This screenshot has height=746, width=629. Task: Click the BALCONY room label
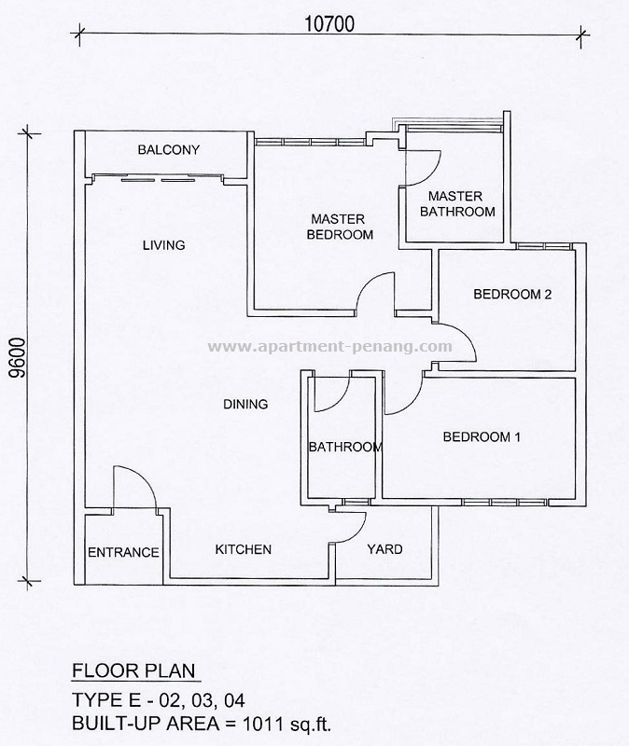point(169,150)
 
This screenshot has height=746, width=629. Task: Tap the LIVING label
point(164,245)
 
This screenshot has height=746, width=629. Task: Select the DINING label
point(245,404)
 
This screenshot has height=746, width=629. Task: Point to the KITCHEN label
point(244,549)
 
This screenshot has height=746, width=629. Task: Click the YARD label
point(384,549)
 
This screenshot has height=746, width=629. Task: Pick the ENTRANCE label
point(123,552)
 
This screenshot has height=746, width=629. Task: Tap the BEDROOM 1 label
point(482,436)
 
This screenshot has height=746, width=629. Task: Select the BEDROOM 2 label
point(512,294)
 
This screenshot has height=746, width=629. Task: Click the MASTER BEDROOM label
point(340,227)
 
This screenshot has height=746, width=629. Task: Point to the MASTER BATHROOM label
point(457,203)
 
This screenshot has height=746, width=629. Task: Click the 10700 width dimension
point(329,24)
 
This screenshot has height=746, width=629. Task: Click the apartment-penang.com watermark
point(330,346)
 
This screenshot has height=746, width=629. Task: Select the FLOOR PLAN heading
point(133,670)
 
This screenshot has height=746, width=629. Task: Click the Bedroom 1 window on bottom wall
point(505,503)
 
